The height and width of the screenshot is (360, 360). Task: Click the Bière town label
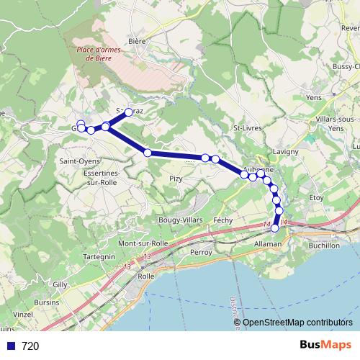(x=137, y=42)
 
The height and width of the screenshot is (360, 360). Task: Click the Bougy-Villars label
(x=178, y=219)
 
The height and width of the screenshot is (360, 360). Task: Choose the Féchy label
(x=223, y=219)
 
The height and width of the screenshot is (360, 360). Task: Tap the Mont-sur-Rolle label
(x=143, y=243)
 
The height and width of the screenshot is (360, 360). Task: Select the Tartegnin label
(x=99, y=256)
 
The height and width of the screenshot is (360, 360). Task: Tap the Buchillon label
(x=323, y=246)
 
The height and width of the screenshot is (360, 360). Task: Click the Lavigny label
(x=285, y=152)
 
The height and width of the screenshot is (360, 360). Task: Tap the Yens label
(x=313, y=96)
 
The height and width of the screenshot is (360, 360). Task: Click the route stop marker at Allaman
(x=275, y=228)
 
